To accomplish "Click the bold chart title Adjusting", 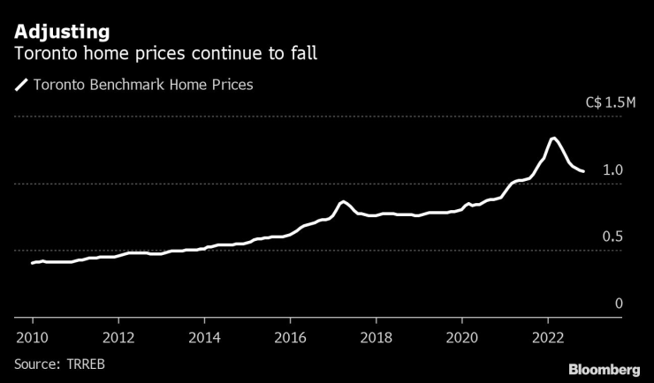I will tap(61, 32).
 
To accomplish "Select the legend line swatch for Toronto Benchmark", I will tap(20, 86).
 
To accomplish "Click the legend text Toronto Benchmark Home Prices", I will tap(142, 86).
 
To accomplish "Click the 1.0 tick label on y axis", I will tap(612, 169).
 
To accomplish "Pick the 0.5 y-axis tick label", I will tap(612, 237).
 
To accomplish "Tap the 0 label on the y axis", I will tap(619, 303).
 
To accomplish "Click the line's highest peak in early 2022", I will tap(553, 139).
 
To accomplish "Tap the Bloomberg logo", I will tap(604, 368).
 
